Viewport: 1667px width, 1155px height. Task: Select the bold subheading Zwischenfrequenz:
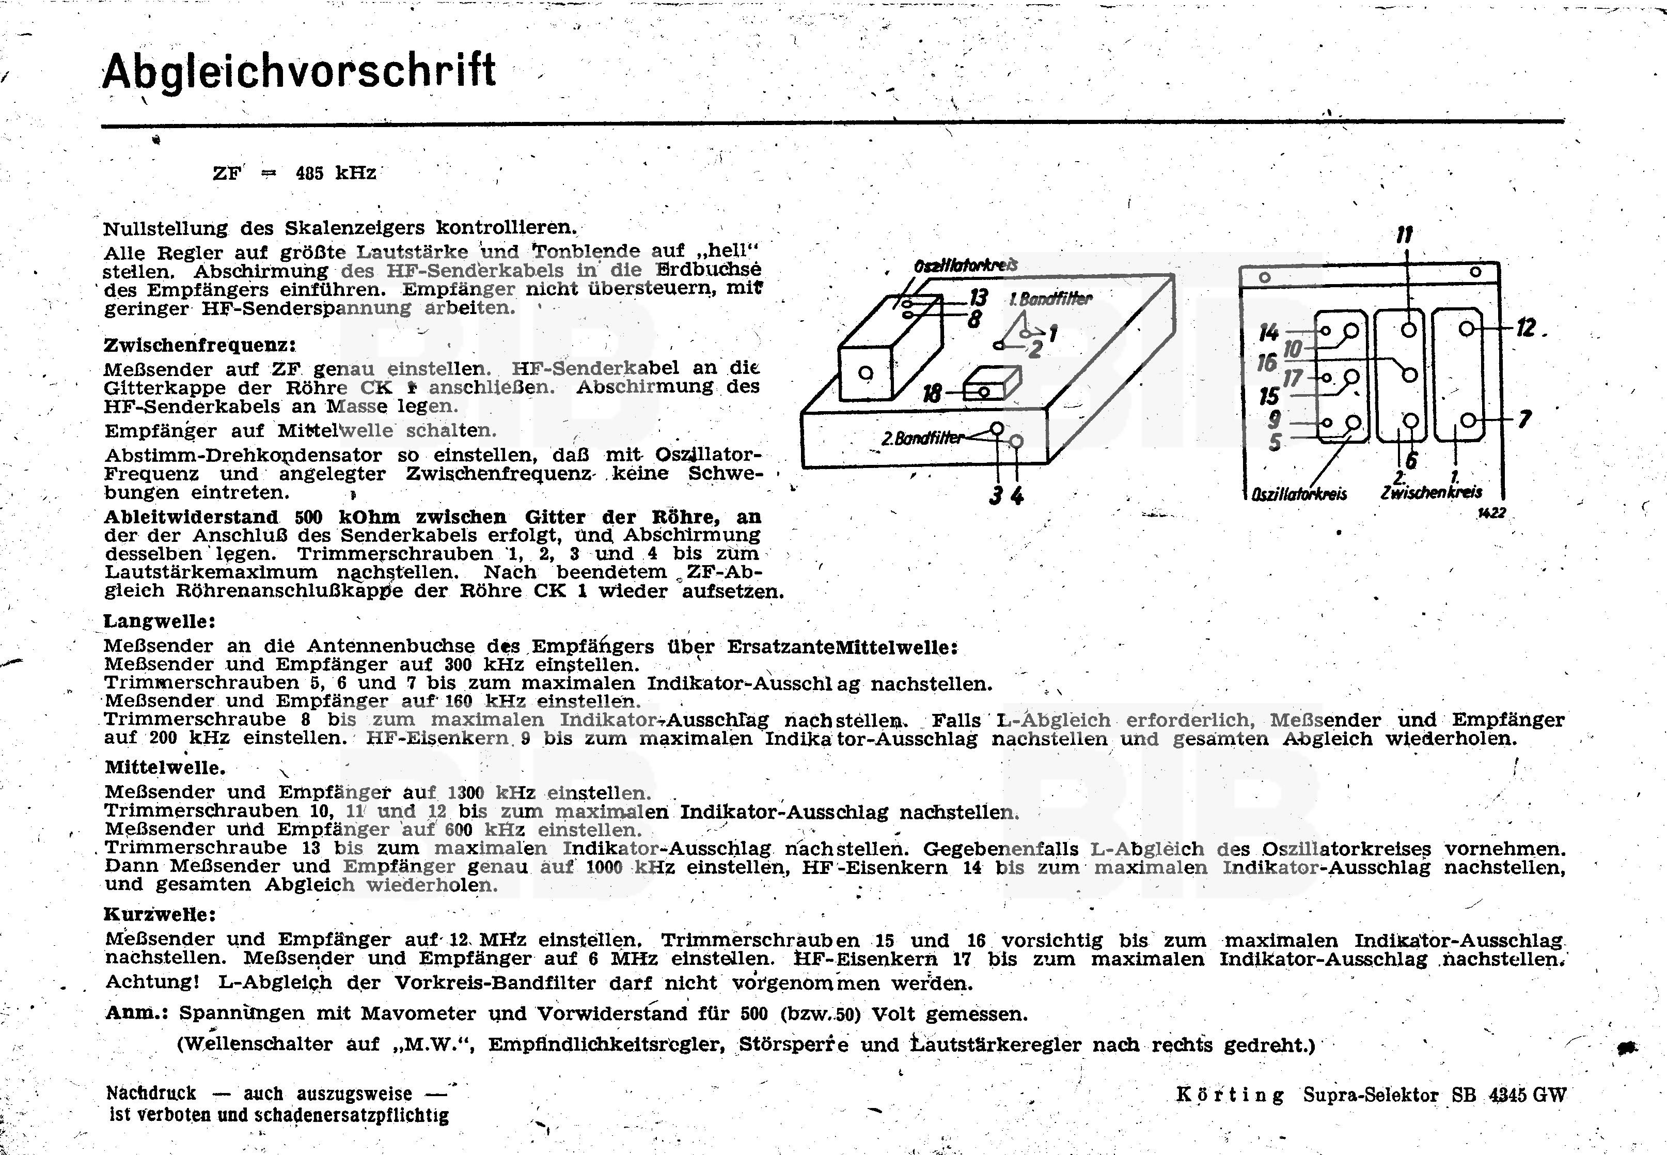pyautogui.click(x=200, y=345)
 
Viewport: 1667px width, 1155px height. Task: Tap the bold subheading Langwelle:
pyautogui.click(x=159, y=621)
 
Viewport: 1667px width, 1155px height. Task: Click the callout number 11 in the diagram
pyautogui.click(x=1404, y=235)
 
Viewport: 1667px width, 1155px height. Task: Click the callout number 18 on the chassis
pyautogui.click(x=932, y=394)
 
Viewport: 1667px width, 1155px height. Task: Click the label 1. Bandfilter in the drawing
pyautogui.click(x=1050, y=299)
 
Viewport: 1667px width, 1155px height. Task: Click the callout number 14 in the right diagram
pyautogui.click(x=1268, y=332)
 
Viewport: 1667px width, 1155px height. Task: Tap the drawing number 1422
pyautogui.click(x=1491, y=513)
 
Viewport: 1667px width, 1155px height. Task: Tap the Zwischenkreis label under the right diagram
pyautogui.click(x=1431, y=493)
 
